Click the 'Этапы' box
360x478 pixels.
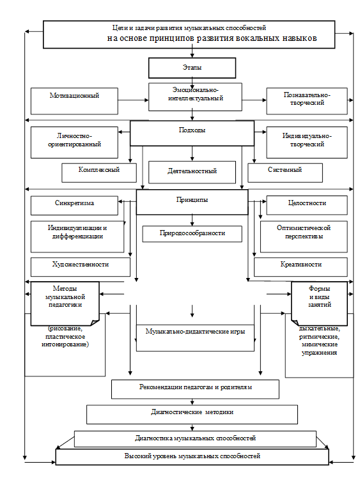click(192, 68)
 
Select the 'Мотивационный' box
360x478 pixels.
click(74, 101)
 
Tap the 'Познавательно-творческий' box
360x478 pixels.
click(307, 101)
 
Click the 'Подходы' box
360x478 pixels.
click(192, 133)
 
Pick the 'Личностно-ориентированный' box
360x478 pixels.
click(74, 143)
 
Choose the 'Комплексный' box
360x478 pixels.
click(99, 173)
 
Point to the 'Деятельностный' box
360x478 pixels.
click(192, 173)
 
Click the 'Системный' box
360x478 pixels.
click(285, 173)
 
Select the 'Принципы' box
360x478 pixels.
click(192, 202)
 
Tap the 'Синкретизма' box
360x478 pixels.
click(74, 206)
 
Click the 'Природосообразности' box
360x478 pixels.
click(192, 234)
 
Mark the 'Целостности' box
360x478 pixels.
click(307, 205)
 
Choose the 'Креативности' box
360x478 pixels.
click(301, 267)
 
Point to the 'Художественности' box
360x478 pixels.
click(81, 267)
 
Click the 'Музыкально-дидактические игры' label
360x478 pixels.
click(195, 332)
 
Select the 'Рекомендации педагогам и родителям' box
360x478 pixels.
click(195, 389)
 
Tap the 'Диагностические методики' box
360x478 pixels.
click(192, 414)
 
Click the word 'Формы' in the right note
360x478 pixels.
click(320, 288)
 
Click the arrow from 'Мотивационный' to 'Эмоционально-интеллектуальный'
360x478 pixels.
click(134, 100)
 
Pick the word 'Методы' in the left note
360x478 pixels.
click(65, 288)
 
